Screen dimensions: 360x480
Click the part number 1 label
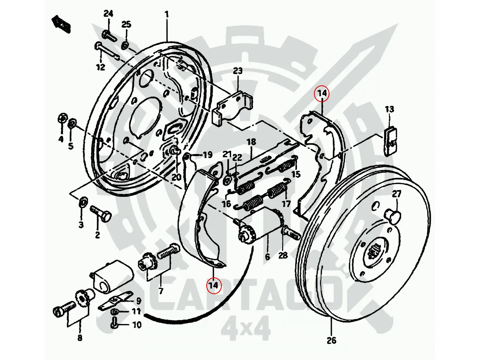tap(167, 14)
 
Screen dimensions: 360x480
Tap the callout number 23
tap(238, 71)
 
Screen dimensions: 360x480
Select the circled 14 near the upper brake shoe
tap(322, 93)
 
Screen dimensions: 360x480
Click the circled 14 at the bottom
tap(213, 285)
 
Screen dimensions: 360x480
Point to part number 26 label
tap(331, 340)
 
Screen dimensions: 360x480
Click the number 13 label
tap(389, 109)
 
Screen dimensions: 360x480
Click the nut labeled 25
tap(125, 45)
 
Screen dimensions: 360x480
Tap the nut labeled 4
tap(62, 118)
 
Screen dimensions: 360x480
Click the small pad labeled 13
tap(391, 141)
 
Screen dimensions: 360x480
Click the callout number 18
tap(251, 142)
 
